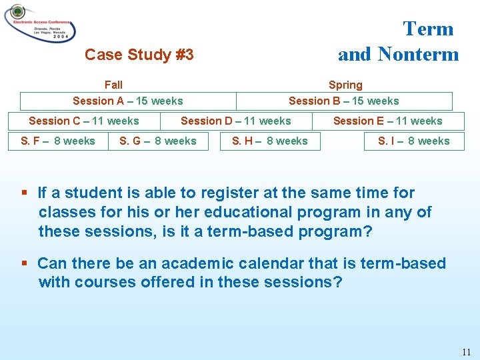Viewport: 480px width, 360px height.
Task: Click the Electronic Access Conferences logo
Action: click(39, 23)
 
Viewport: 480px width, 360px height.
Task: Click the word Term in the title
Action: click(428, 29)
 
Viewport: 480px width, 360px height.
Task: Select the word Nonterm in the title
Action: click(418, 54)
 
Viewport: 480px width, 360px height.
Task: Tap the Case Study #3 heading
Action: click(139, 55)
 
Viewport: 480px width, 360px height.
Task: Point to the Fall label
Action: click(113, 85)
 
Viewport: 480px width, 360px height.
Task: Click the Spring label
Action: click(345, 85)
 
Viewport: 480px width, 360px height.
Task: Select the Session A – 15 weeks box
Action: click(127, 101)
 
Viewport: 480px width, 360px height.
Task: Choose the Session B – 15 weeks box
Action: click(344, 101)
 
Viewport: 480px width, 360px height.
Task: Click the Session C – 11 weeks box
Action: click(84, 121)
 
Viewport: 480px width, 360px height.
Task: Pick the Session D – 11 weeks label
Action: click(236, 121)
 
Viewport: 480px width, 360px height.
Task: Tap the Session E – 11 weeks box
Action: click(388, 121)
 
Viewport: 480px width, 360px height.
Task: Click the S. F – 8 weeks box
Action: click(58, 141)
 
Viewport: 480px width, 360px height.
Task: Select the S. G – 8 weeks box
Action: click(158, 141)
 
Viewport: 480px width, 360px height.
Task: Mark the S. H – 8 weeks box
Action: click(270, 141)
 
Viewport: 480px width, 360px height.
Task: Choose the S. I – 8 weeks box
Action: click(414, 141)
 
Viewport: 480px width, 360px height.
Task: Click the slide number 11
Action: click(465, 351)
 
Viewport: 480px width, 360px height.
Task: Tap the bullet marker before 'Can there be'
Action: click(24, 263)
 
